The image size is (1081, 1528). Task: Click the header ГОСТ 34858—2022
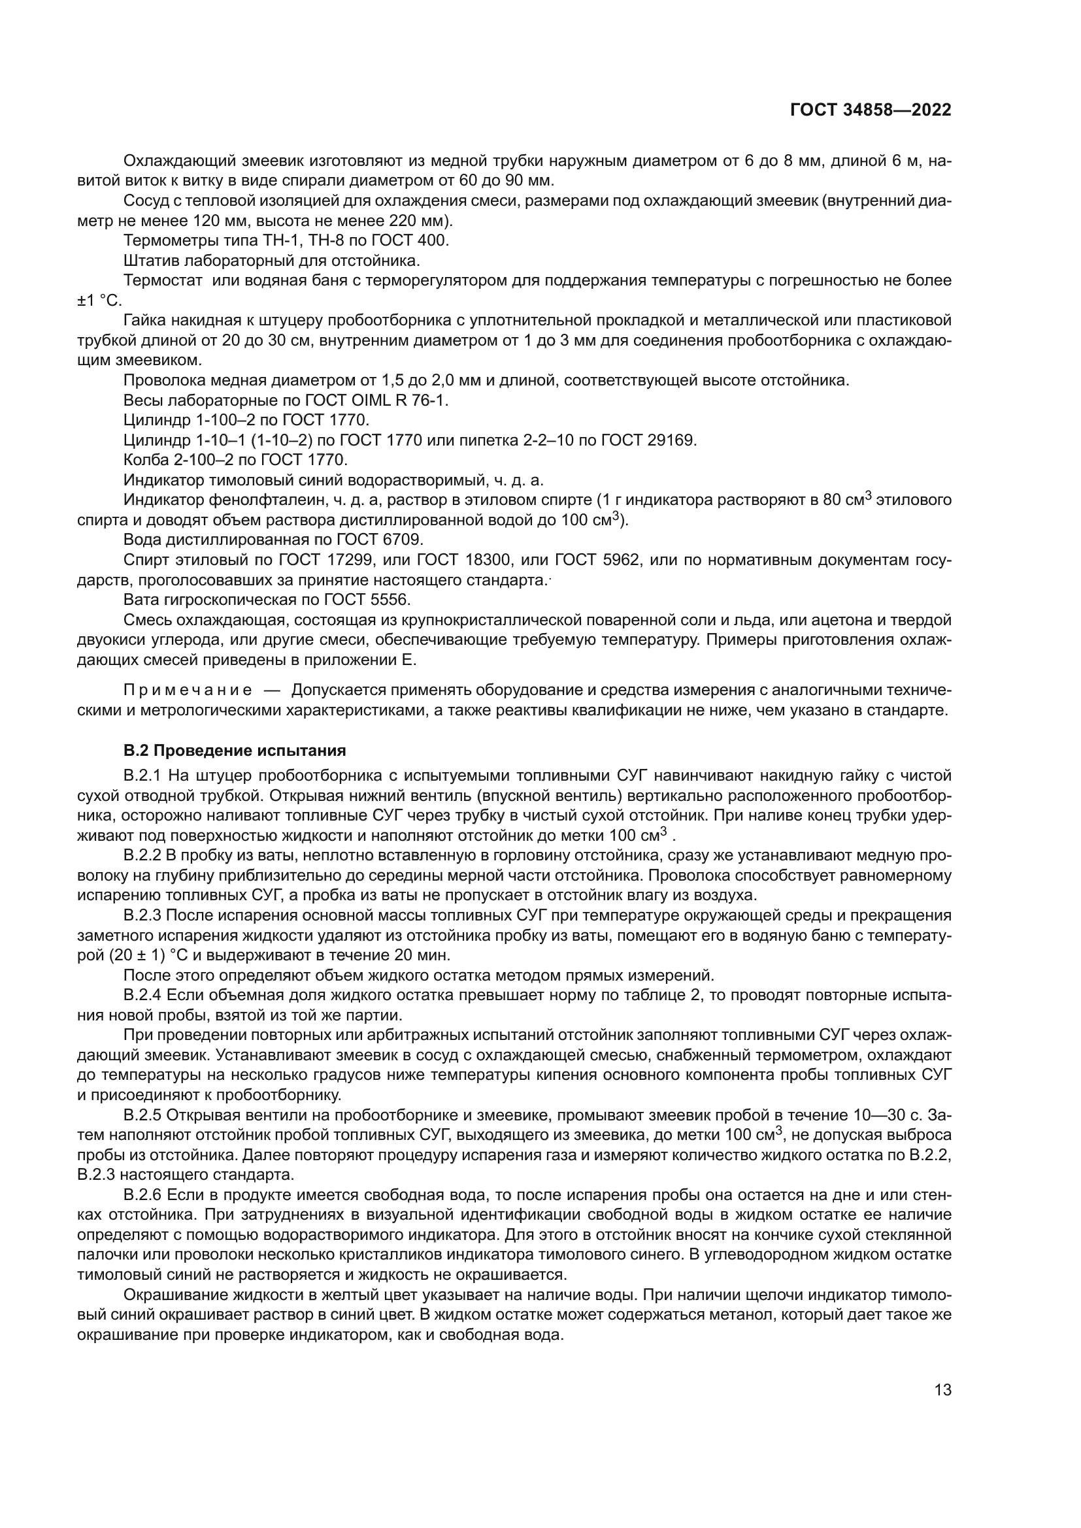[870, 110]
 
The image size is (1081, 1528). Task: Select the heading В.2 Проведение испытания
[235, 751]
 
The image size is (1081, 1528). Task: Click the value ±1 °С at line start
[99, 300]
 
